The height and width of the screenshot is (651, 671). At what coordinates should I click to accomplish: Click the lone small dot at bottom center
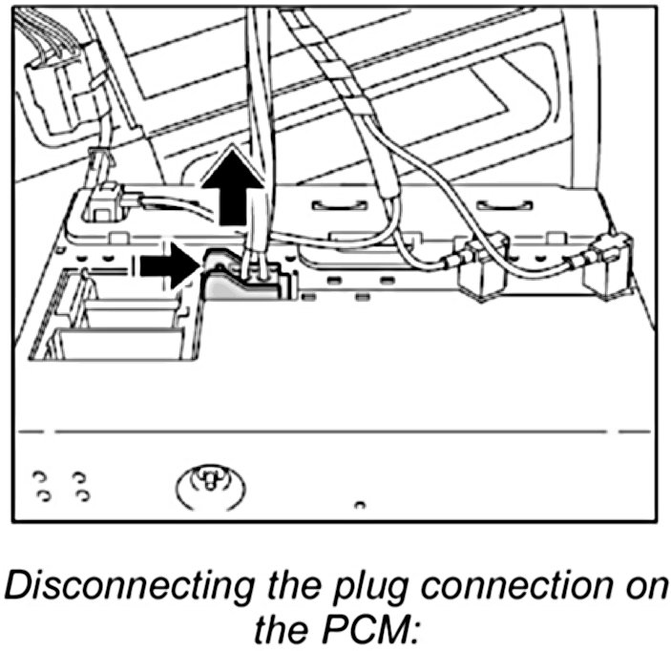pos(357,502)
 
